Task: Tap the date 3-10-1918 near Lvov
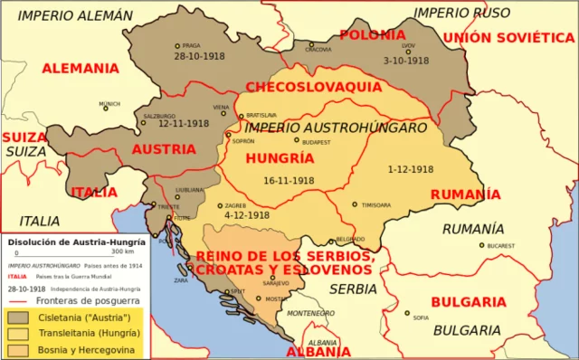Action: point(405,61)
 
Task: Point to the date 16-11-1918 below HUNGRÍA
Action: point(289,180)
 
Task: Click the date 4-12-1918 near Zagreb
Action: point(246,215)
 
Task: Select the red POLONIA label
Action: point(372,35)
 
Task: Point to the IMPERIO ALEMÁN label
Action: point(74,15)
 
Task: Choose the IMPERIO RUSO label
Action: point(461,13)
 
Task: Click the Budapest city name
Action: point(318,142)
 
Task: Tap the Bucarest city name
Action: point(499,246)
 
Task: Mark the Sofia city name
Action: point(421,317)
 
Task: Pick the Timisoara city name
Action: point(375,205)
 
